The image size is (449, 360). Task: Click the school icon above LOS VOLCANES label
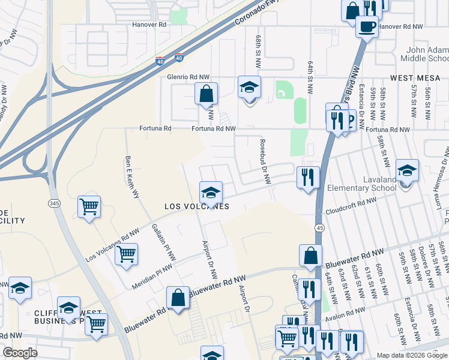coord(210,192)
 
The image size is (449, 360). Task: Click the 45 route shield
coord(319,227)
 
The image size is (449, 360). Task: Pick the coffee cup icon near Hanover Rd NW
coord(366,26)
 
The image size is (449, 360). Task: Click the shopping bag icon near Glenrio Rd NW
coord(206,94)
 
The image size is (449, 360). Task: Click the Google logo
coord(20,353)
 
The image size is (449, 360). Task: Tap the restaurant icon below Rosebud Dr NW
coord(308,178)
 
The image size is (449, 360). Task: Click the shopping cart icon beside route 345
coord(89,207)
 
